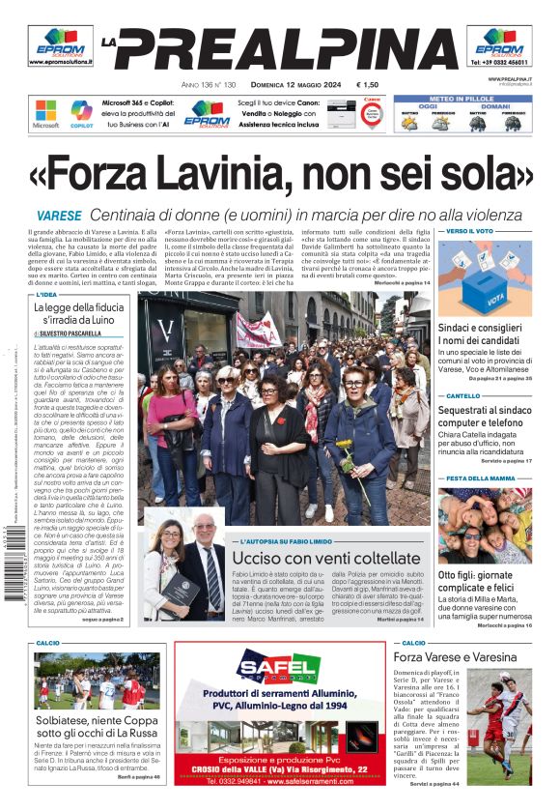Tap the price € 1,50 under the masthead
coord(367,85)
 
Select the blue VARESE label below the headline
coord(59,216)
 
